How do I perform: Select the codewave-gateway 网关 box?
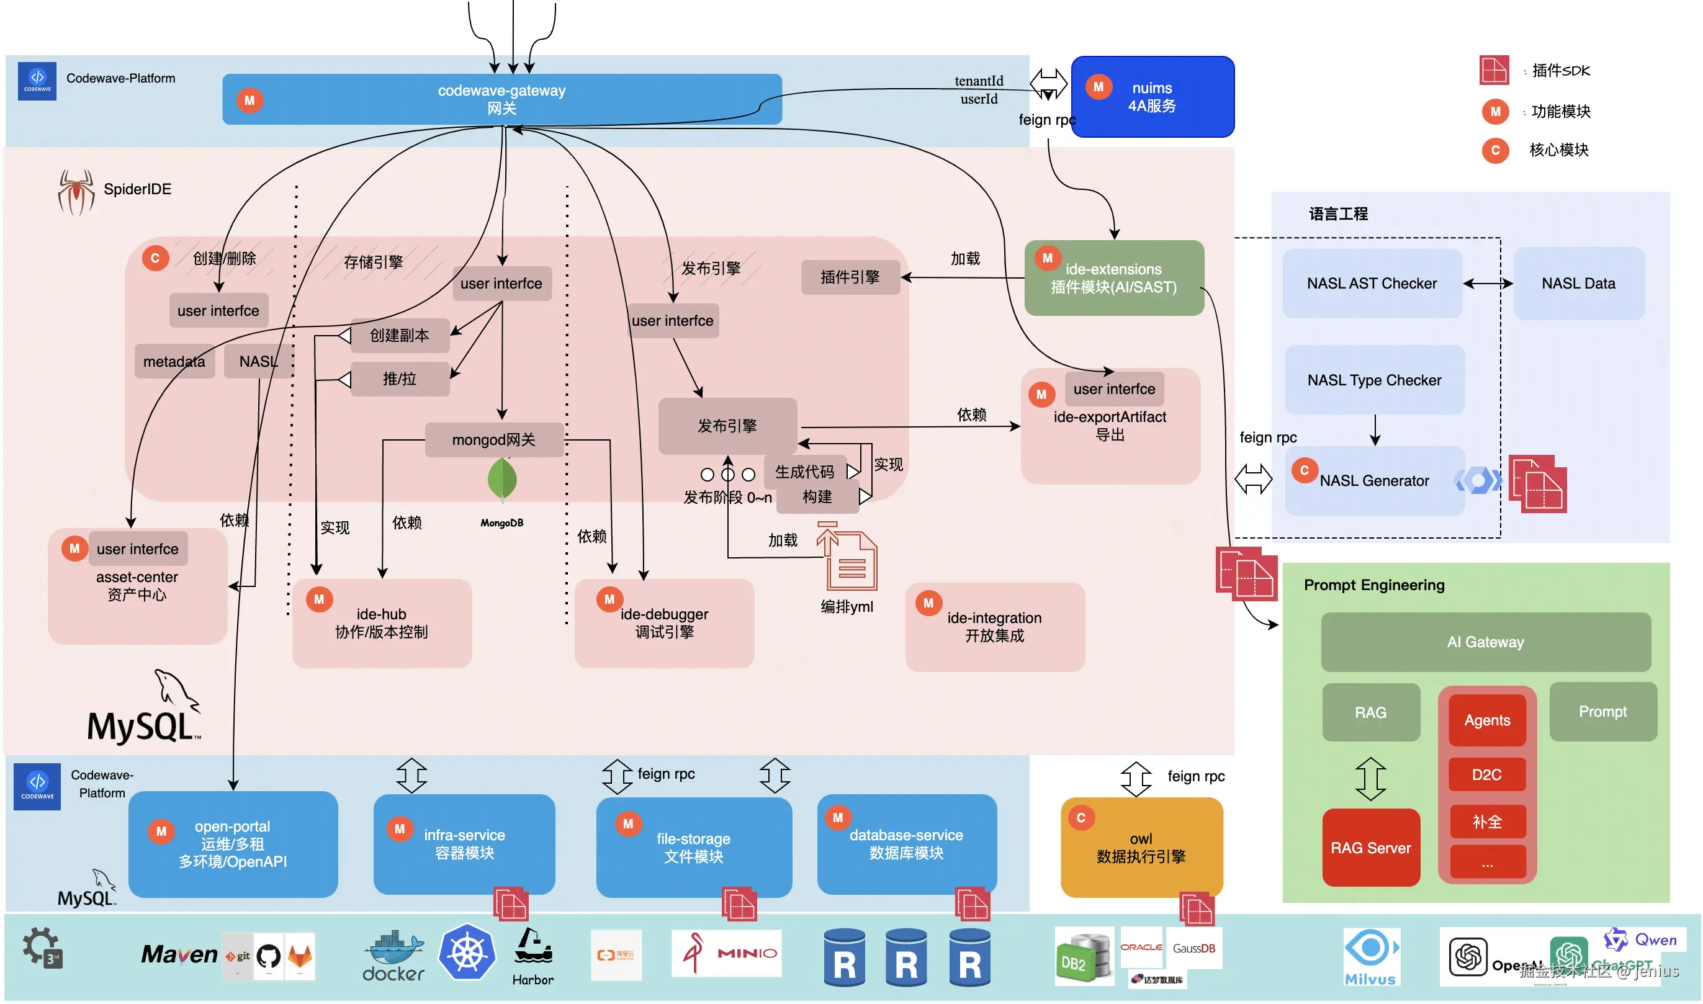pyautogui.click(x=501, y=99)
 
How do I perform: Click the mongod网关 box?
pyautogui.click(x=493, y=440)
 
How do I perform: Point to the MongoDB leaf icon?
pyautogui.click(x=502, y=480)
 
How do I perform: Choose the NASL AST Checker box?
pyautogui.click(x=1372, y=284)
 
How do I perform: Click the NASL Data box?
pyautogui.click(x=1578, y=284)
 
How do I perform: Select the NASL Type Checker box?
pyautogui.click(x=1373, y=380)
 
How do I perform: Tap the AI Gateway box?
pyautogui.click(x=1485, y=642)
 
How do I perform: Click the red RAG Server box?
pyautogui.click(x=1370, y=848)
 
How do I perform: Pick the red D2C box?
pyautogui.click(x=1486, y=774)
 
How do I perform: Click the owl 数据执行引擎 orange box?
pyautogui.click(x=1141, y=848)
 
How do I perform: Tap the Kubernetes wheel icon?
pyautogui.click(x=467, y=952)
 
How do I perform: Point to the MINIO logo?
pyautogui.click(x=726, y=952)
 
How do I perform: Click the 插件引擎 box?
pyautogui.click(x=850, y=277)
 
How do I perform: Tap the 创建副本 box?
pyautogui.click(x=399, y=336)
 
